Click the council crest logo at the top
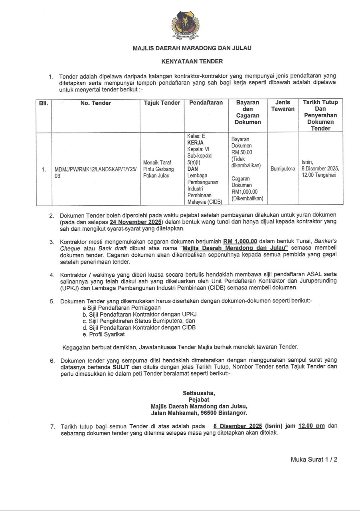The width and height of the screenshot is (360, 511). pyautogui.click(x=186, y=25)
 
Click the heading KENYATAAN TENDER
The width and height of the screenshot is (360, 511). pyautogui.click(x=192, y=61)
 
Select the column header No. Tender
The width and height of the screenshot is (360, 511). pyautogui.click(x=96, y=103)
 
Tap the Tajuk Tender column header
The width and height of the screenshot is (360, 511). pyautogui.click(x=162, y=103)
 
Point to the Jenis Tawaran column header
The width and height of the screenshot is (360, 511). pyautogui.click(x=283, y=106)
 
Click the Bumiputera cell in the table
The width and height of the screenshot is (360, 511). pyautogui.click(x=283, y=169)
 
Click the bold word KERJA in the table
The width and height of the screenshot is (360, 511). pyautogui.click(x=196, y=143)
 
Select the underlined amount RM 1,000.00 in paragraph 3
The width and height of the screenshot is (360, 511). pyautogui.click(x=240, y=242)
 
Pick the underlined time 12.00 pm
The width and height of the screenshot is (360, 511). pyautogui.click(x=311, y=426)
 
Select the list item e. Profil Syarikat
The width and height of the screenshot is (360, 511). pyautogui.click(x=104, y=334)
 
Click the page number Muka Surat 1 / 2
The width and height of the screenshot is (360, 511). pyautogui.click(x=314, y=460)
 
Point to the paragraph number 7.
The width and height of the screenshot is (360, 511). pyautogui.click(x=52, y=426)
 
